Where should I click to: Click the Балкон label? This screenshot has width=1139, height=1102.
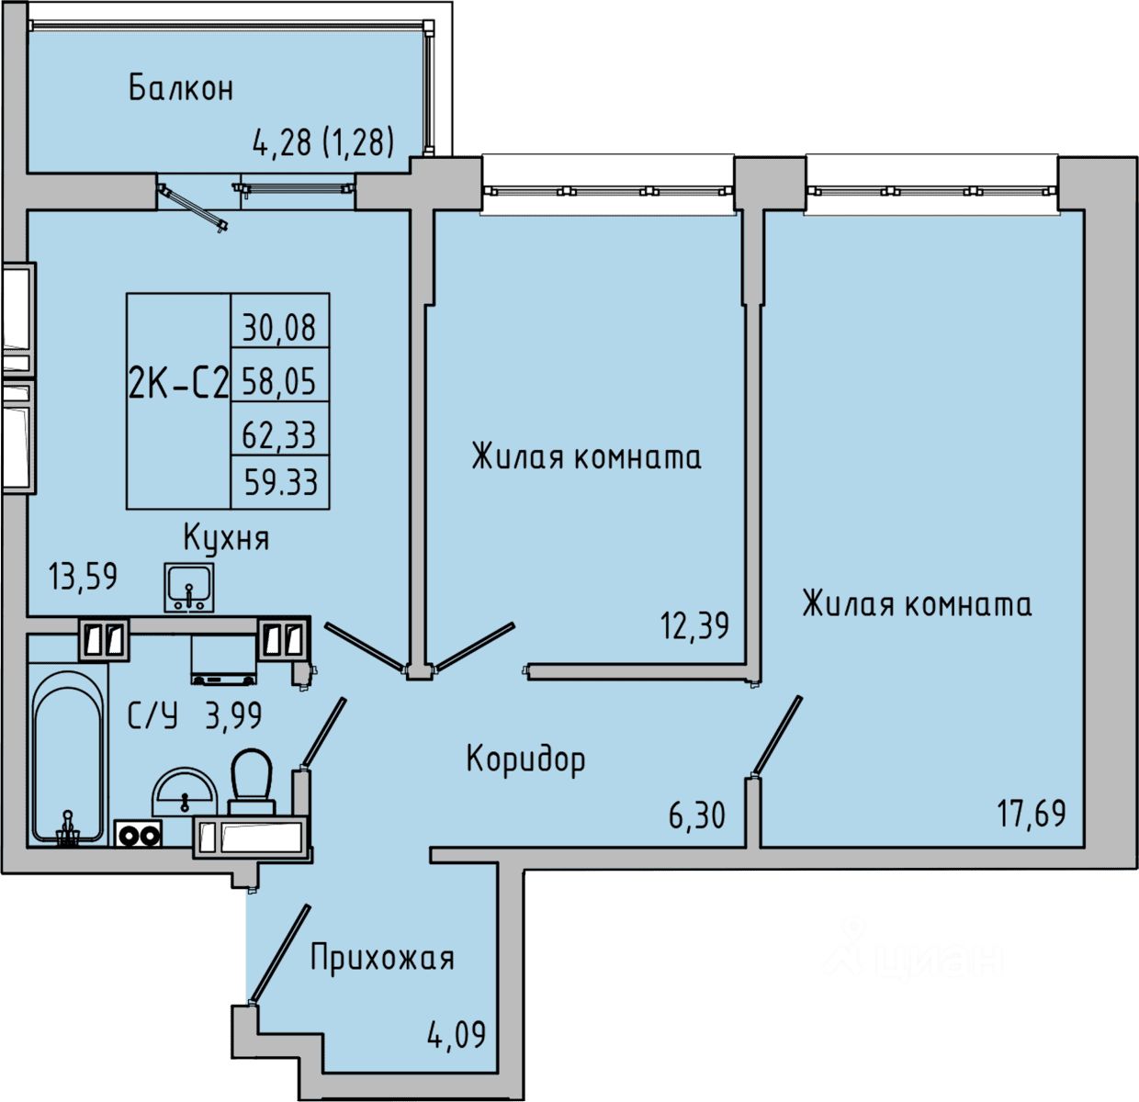[x=181, y=88]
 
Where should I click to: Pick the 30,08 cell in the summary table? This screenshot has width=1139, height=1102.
[x=279, y=327]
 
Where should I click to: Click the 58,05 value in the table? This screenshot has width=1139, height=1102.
[x=279, y=379]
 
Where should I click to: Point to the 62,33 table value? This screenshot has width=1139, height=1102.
[x=279, y=433]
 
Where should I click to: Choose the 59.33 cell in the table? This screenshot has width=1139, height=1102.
[x=279, y=481]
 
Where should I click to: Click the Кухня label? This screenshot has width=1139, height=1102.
[x=226, y=537]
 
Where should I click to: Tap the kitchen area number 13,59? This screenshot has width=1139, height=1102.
[x=84, y=577]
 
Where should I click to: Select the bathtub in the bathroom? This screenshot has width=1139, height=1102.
[x=67, y=757]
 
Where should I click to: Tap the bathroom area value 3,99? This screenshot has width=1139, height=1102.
[x=233, y=715]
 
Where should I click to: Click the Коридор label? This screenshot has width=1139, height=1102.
[x=525, y=759]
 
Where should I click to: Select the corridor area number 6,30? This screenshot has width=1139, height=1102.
[x=697, y=815]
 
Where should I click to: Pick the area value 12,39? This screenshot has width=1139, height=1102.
[x=694, y=626]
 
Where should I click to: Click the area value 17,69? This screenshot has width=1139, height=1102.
[x=1032, y=813]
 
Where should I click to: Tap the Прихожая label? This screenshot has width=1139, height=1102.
[x=382, y=958]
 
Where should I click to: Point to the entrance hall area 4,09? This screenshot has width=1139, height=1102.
[x=457, y=1036]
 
